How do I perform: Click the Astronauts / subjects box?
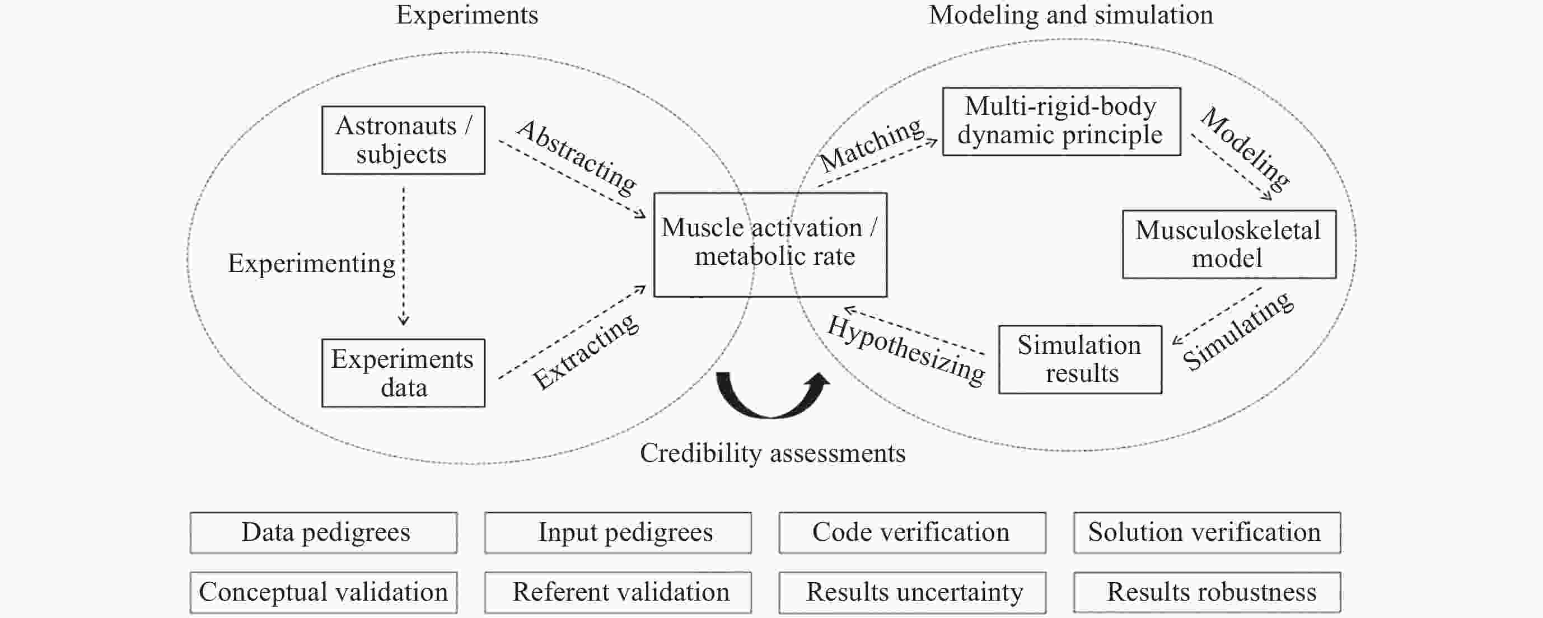pos(403,140)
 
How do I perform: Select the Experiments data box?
pos(403,373)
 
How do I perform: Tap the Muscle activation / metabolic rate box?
pos(770,244)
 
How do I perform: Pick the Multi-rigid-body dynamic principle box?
pos(1062,121)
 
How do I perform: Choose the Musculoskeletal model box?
pos(1229,244)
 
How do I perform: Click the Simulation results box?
pos(1080,359)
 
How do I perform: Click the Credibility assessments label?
pos(773,453)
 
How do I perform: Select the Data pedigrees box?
pos(324,532)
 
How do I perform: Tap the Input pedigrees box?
pos(618,532)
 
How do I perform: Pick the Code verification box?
pos(912,532)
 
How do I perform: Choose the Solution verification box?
pos(1207,532)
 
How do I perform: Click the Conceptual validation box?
pos(324,592)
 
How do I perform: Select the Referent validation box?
pos(618,592)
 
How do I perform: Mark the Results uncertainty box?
pos(912,592)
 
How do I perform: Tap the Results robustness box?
pos(1207,592)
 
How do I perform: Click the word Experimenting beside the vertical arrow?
pos(311,264)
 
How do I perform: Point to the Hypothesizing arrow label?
pos(906,350)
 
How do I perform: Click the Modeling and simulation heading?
pos(1071,15)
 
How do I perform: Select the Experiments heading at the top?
pos(467,16)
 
